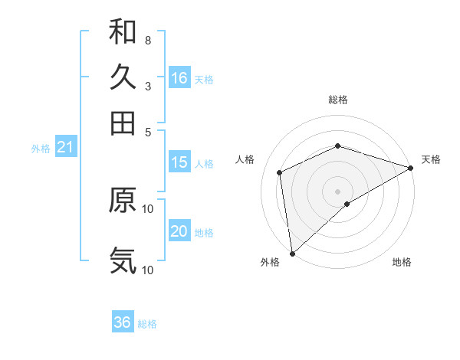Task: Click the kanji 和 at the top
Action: pos(123,31)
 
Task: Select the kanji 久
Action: pos(123,77)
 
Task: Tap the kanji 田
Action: pos(123,123)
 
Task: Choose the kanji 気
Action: pos(123,260)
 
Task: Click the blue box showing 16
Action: pos(179,78)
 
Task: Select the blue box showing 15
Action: pos(179,162)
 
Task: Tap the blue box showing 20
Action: pos(179,232)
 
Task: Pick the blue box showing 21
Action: pos(64,148)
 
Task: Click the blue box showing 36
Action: pos(123,322)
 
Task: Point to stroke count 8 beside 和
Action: pos(147,40)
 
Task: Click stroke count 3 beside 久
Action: pos(147,86)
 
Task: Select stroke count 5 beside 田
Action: pos(147,131)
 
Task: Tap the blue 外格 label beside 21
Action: pos(40,149)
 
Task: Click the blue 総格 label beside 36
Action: pos(147,324)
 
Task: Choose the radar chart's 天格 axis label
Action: pos(432,159)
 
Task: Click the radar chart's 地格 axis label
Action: pos(402,262)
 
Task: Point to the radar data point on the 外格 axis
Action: pos(292,253)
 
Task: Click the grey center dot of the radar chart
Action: pos(337,191)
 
